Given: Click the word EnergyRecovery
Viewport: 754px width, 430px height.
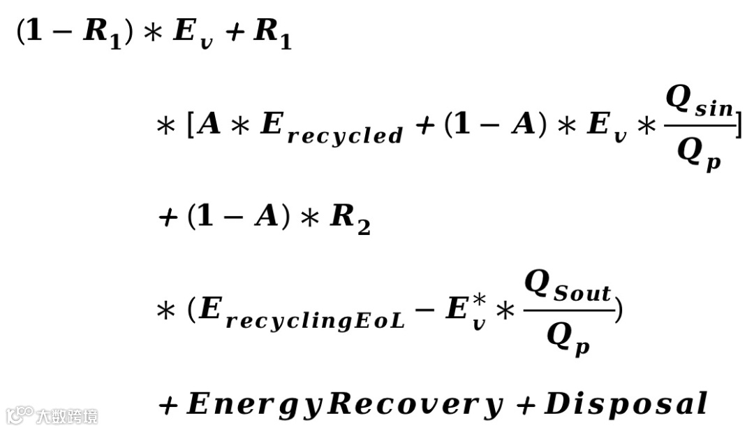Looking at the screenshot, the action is pos(345,403).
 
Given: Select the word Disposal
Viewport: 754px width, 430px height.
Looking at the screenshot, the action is pos(626,403).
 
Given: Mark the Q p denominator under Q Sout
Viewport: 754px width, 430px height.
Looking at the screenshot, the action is pos(568,341).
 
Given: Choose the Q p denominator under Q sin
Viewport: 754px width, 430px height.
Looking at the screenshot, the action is pos(699,155).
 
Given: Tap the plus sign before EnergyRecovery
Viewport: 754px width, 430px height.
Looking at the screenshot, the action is pos(168,405).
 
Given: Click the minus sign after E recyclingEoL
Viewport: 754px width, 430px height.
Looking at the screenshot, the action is pos(424,310).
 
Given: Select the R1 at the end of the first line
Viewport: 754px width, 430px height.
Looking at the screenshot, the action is pos(272,34).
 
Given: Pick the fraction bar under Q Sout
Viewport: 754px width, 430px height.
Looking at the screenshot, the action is pos(568,311).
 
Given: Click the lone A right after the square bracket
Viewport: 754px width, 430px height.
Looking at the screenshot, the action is pos(210,127).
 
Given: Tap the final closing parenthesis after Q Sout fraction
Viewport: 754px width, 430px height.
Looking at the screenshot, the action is pos(619,311).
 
